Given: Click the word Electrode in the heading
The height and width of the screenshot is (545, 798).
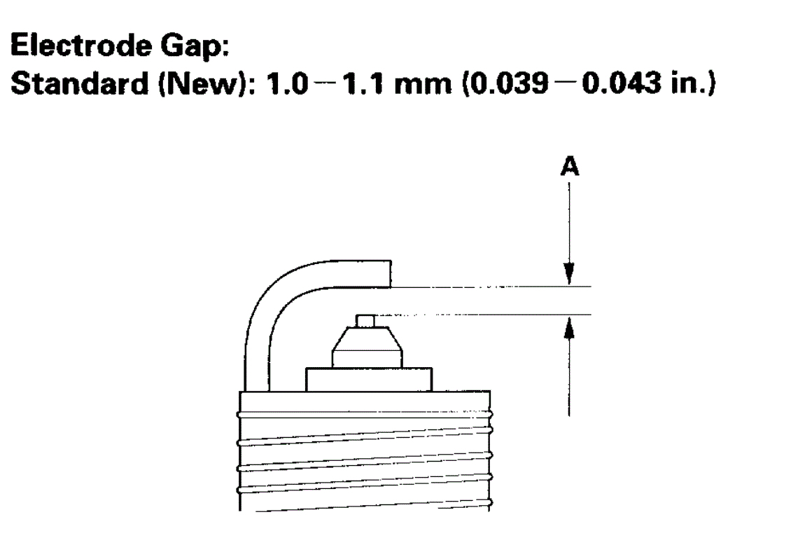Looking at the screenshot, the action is tap(81, 46).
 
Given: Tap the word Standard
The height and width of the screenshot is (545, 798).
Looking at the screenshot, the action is tap(79, 83).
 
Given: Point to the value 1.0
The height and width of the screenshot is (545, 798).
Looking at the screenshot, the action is tap(287, 83).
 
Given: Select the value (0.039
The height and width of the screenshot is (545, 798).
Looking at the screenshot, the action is tap(505, 84).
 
